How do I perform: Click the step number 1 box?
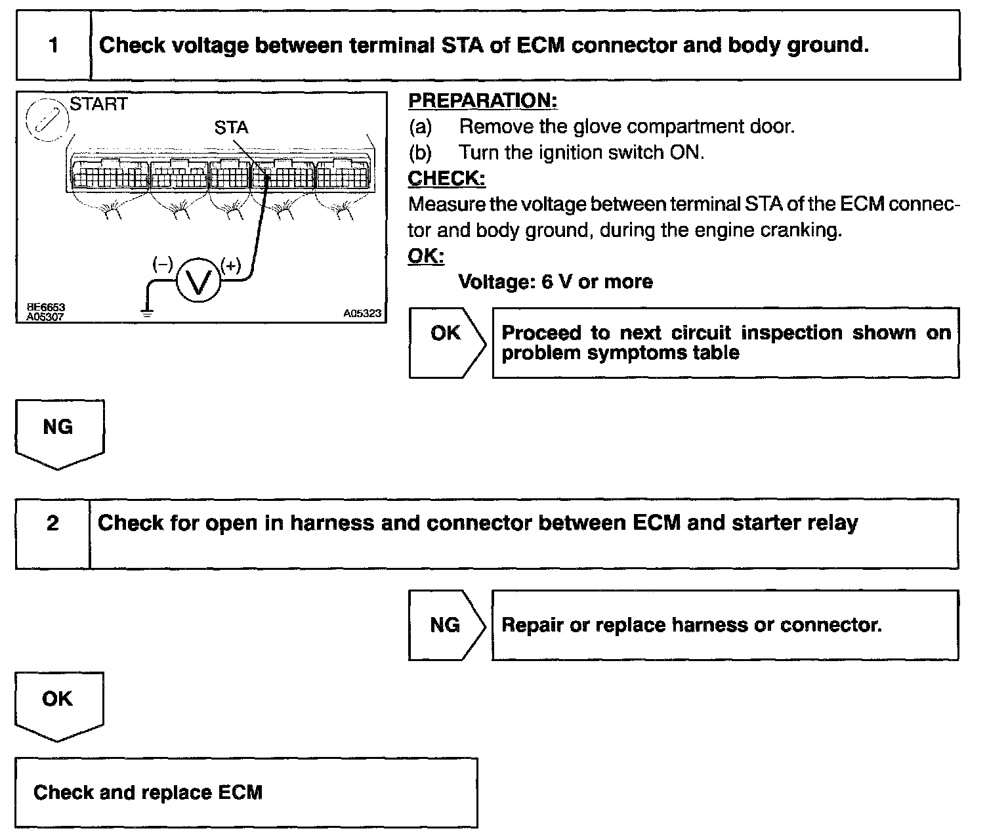tap(53, 45)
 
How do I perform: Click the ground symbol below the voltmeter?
tap(148, 313)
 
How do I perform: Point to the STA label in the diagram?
tap(231, 127)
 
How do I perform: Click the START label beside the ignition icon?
tap(98, 104)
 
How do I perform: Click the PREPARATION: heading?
tap(482, 100)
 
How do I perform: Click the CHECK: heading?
tap(446, 178)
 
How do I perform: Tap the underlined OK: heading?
tap(426, 255)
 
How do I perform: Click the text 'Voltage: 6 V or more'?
tap(555, 282)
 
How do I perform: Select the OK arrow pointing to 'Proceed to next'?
tap(446, 341)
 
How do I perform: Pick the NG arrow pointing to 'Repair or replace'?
tap(446, 624)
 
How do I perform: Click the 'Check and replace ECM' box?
tap(246, 792)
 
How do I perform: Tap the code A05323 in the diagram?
tap(362, 314)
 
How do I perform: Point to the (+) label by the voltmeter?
tap(231, 265)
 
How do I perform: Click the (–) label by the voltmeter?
tap(162, 264)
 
